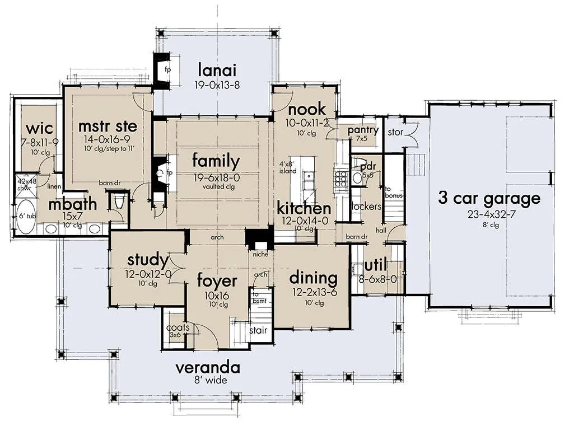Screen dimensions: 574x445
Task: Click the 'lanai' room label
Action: [x=217, y=70]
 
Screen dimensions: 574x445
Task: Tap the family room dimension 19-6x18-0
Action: [x=217, y=178]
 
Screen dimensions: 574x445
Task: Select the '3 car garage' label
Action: [x=489, y=199]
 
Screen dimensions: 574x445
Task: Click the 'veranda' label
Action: [x=208, y=367]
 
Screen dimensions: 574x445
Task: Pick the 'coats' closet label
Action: [x=178, y=327]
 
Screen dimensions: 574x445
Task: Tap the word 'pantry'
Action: [x=363, y=130]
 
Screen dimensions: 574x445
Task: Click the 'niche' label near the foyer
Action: [x=260, y=254]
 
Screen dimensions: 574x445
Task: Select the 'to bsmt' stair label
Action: [x=259, y=298]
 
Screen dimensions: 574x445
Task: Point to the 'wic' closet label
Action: [x=40, y=129]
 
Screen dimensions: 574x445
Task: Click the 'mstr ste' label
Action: [x=108, y=127]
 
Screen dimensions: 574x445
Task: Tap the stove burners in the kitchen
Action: [x=340, y=179]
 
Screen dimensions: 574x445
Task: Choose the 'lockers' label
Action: [x=366, y=207]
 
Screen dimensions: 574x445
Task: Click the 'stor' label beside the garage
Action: [x=395, y=132]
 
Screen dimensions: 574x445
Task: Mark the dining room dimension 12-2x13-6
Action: [x=315, y=292]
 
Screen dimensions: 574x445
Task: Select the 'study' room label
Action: [x=148, y=260]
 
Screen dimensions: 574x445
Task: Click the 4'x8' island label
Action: [x=288, y=167]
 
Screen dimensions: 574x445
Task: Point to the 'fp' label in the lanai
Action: [x=167, y=69]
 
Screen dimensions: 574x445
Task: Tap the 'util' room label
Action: [x=376, y=266]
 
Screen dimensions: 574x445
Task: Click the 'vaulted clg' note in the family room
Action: [x=218, y=186]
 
